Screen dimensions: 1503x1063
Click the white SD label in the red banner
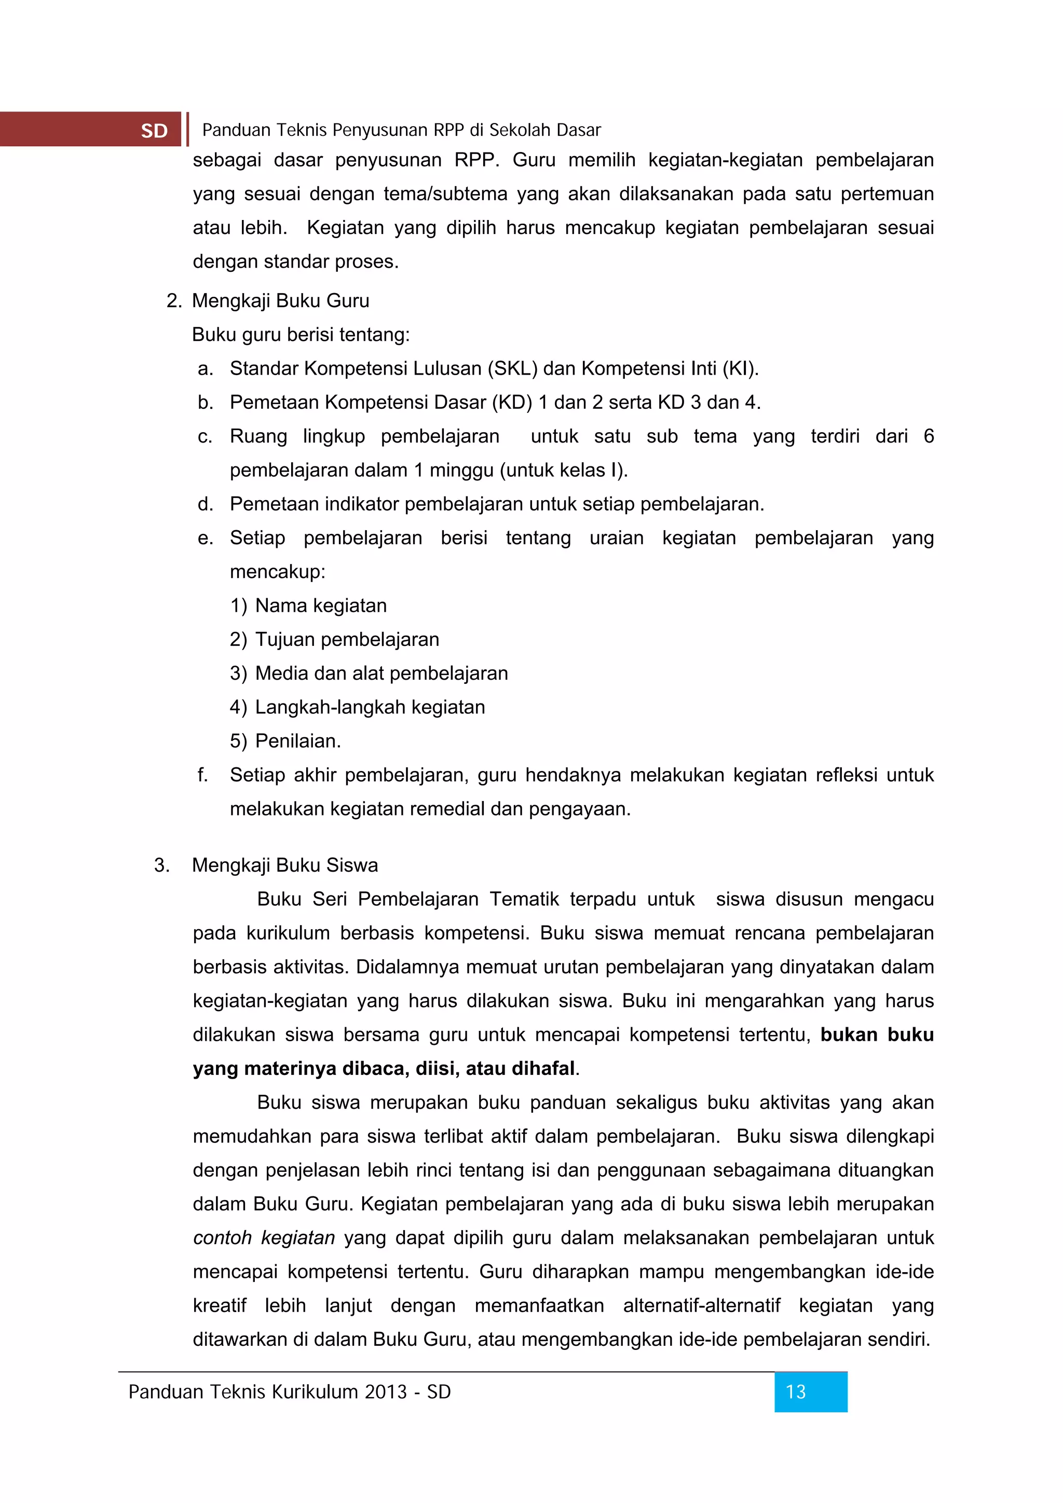point(154,131)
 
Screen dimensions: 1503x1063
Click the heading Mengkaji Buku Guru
point(280,300)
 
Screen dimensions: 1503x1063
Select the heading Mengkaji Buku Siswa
point(285,865)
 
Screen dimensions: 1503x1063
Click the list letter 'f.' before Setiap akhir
point(202,775)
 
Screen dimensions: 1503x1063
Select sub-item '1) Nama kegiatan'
point(308,605)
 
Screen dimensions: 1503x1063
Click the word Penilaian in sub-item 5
point(297,741)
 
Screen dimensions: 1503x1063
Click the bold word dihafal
point(543,1068)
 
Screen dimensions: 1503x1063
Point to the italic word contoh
point(222,1237)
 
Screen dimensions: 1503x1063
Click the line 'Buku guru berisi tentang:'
point(301,335)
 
